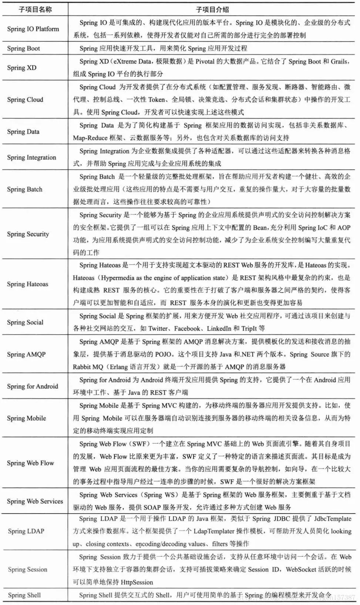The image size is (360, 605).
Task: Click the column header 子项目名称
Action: (x=35, y=9)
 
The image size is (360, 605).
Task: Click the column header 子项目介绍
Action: (x=212, y=9)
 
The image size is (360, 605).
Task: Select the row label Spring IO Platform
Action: (x=33, y=29)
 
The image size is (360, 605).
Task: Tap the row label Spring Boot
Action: (x=23, y=48)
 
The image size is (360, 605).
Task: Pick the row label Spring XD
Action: (x=22, y=67)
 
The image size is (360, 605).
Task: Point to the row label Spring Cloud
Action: (x=25, y=100)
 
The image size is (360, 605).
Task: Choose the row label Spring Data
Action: (x=23, y=131)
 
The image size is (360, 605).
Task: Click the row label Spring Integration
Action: (x=31, y=157)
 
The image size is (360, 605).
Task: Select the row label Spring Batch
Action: (x=24, y=189)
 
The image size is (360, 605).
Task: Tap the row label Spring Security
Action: (x=28, y=234)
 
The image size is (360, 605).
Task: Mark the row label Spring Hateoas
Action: (x=27, y=284)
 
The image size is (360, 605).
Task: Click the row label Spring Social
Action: (x=25, y=322)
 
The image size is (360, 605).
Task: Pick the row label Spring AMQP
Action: (x=26, y=354)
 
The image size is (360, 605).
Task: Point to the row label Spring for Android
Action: (x=32, y=386)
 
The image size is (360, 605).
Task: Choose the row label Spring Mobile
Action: (x=26, y=418)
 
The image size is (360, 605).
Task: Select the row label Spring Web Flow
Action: (x=30, y=463)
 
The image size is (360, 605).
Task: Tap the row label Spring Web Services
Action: (x=35, y=501)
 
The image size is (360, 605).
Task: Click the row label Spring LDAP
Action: (x=26, y=531)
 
